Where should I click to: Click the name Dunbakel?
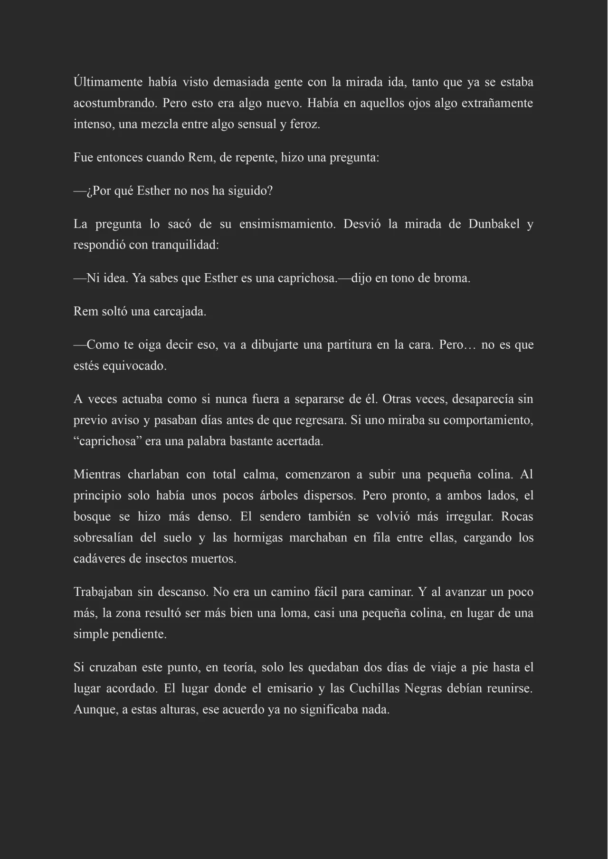click(x=494, y=224)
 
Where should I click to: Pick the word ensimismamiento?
click(x=287, y=224)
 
